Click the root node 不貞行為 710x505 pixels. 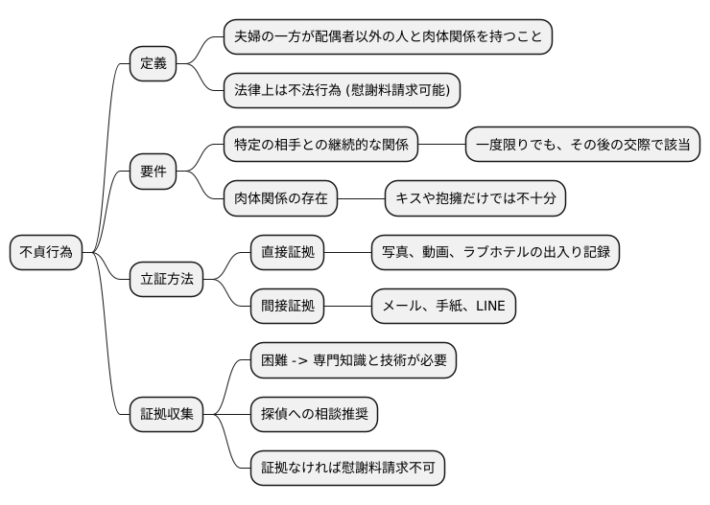coord(46,253)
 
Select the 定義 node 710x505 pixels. coord(154,64)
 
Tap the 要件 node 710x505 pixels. coord(154,172)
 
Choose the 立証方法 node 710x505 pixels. coord(167,280)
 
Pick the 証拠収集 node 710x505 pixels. coord(167,414)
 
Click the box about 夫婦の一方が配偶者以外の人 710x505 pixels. coord(388,37)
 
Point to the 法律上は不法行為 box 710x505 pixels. coord(342,91)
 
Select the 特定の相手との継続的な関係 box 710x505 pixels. coord(321,146)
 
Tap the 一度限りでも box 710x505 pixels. coord(582,146)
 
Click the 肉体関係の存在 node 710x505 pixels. coord(281,199)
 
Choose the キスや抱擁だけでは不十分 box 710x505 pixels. coord(476,199)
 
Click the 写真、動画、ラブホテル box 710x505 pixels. coord(495,253)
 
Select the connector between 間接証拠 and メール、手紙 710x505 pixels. coord(348,307)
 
